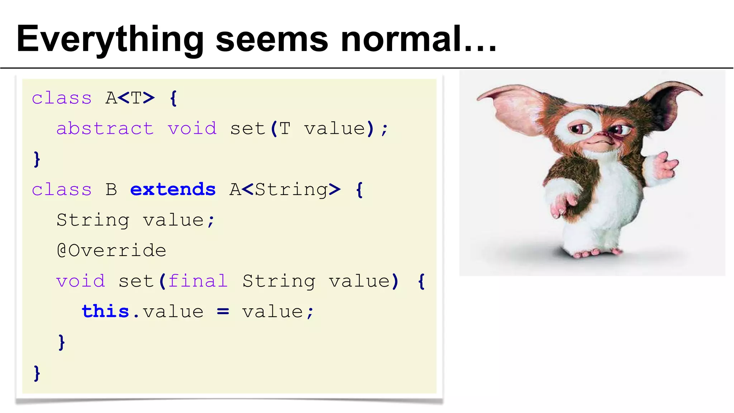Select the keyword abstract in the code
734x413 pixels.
(x=105, y=128)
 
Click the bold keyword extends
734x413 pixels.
(x=173, y=189)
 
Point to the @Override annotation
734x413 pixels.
(x=111, y=250)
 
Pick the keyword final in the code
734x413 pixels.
(x=198, y=281)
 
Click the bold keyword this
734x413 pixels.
(x=105, y=311)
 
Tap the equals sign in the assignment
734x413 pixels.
(x=223, y=312)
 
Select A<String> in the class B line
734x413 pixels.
(x=285, y=189)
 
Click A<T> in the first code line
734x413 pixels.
(x=130, y=98)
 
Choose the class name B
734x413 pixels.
(x=111, y=189)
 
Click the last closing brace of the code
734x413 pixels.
(x=37, y=373)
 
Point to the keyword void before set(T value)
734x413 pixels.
(x=192, y=128)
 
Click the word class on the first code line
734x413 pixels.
(x=62, y=98)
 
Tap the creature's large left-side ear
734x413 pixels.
(x=513, y=108)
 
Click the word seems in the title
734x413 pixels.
(x=272, y=39)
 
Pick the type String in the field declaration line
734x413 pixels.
(x=93, y=220)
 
